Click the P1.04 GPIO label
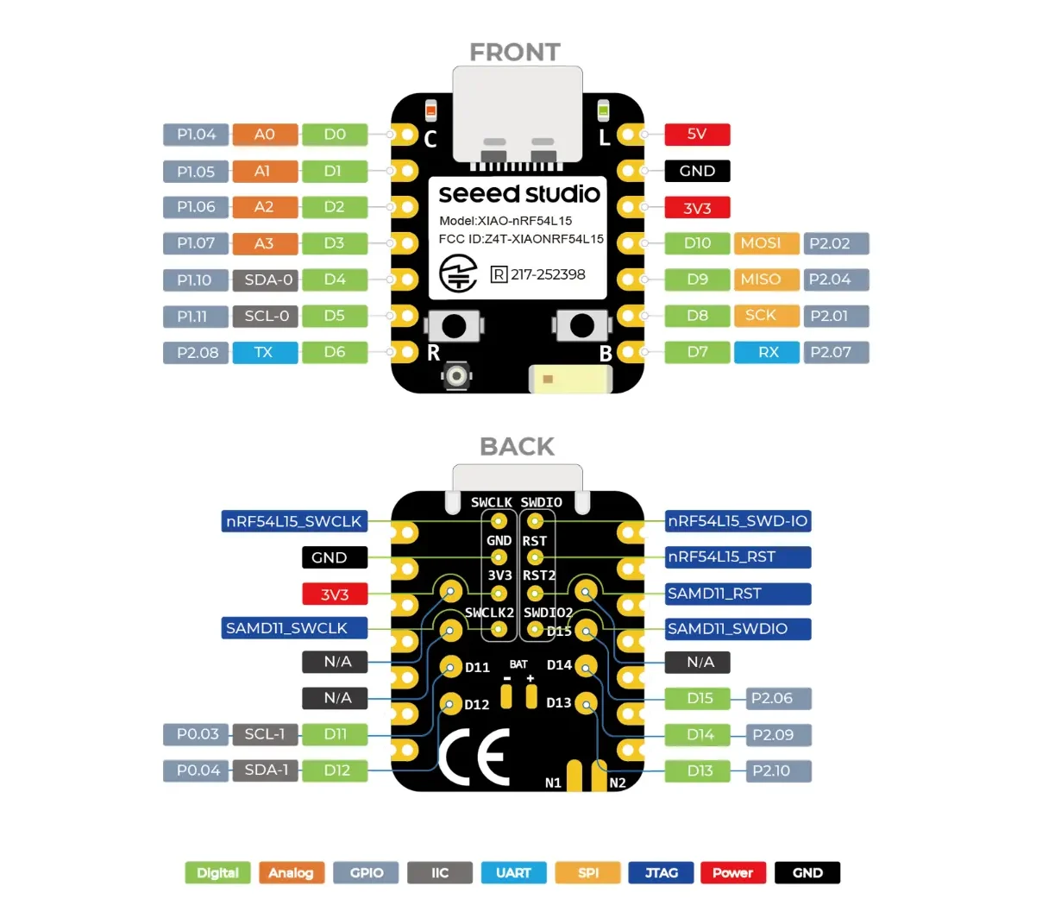click(196, 135)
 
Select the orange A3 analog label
click(265, 243)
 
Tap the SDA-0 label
click(266, 280)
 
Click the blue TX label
click(265, 352)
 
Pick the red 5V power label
click(697, 135)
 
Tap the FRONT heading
click(515, 53)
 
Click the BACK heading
click(517, 446)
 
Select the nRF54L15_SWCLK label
click(293, 521)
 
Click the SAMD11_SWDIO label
click(738, 629)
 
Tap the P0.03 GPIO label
click(197, 734)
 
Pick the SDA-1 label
click(266, 770)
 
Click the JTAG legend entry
click(661, 872)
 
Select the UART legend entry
click(513, 872)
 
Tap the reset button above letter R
click(454, 326)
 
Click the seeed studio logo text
click(518, 193)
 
